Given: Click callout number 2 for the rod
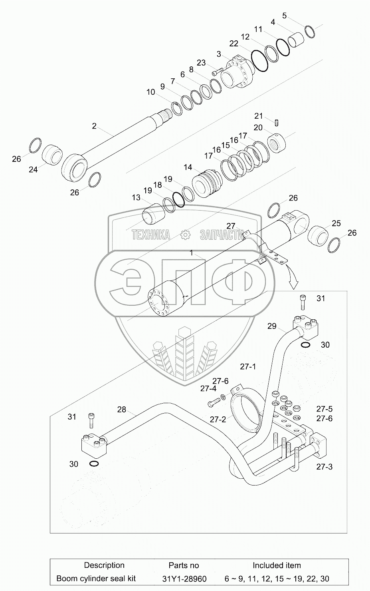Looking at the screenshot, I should pos(94,126).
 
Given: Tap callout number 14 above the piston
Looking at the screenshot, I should pos(188,167).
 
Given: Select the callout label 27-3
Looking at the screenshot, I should pos(324,466).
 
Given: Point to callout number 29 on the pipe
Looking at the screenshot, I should pos(271,326).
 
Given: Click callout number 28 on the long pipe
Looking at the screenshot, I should pos(121,409).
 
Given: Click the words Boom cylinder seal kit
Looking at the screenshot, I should pos(96,578).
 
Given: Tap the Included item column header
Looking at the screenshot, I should pos(277,565).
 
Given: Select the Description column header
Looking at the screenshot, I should pos(104,565).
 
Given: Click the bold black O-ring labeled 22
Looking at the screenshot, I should pos(260,61).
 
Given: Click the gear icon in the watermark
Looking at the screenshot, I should pos(185,235).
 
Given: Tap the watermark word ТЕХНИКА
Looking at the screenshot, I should pos(151,235).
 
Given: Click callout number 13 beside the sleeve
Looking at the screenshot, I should pos(136,197).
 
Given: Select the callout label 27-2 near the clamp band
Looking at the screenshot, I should pos(218,420).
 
